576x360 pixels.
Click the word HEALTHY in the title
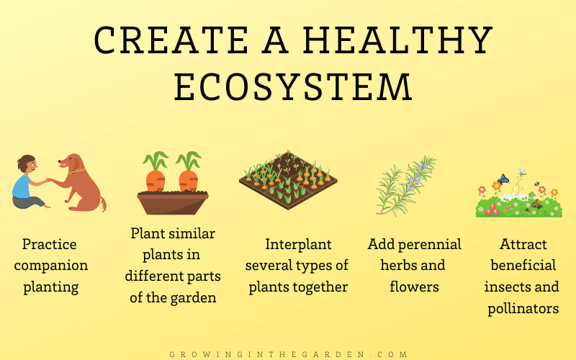[x=397, y=40]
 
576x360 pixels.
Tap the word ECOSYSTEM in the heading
[x=293, y=87]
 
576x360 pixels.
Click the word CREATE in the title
[x=171, y=40]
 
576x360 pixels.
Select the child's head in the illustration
[x=27, y=164]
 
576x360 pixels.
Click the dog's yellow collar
[x=77, y=171]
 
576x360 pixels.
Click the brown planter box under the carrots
[x=173, y=202]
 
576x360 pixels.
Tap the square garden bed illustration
[x=289, y=179]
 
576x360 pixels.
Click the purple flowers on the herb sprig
[x=415, y=176]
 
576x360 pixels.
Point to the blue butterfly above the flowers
[x=503, y=179]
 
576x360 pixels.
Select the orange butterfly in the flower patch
[x=536, y=204]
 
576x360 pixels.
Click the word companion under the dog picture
[x=51, y=266]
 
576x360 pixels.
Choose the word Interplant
[x=298, y=245]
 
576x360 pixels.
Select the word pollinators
[x=523, y=309]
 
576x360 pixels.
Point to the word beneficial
[x=523, y=265]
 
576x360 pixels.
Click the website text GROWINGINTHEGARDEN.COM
[x=289, y=354]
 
